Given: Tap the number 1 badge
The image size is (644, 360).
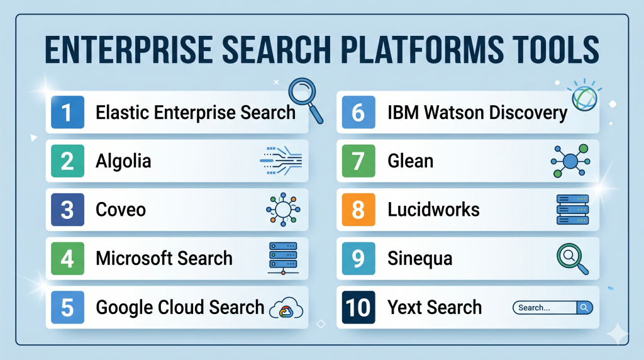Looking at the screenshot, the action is point(67,112).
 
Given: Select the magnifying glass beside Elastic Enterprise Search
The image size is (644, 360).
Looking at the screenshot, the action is point(306,100).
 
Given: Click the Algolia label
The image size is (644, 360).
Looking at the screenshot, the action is point(123,161).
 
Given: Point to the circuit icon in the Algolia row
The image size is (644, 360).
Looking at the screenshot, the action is point(281,160).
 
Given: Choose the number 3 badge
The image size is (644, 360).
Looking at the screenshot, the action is point(67,210).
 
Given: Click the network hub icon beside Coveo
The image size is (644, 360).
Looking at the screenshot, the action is point(283,209).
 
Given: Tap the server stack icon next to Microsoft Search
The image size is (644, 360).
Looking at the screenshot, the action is point(283,258).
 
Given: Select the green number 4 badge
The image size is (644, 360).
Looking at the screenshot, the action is point(67,259).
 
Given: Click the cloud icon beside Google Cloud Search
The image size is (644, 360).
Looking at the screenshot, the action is point(286,308).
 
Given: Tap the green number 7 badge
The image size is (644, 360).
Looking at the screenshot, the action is point(358,160).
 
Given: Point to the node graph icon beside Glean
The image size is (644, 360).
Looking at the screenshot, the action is point(570,160).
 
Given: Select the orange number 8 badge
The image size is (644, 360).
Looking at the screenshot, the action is point(358,210).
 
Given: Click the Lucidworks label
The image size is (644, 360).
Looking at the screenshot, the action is point(433,210).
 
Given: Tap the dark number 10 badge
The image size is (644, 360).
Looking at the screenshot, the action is point(358,307).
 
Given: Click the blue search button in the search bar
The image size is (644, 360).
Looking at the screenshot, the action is point(584,307).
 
